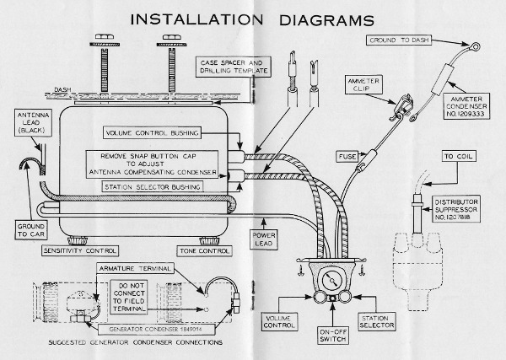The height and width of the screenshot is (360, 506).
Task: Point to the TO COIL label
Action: click(460, 158)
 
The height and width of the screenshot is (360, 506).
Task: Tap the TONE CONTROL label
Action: click(202, 250)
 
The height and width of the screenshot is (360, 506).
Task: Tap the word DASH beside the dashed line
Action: click(62, 89)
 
